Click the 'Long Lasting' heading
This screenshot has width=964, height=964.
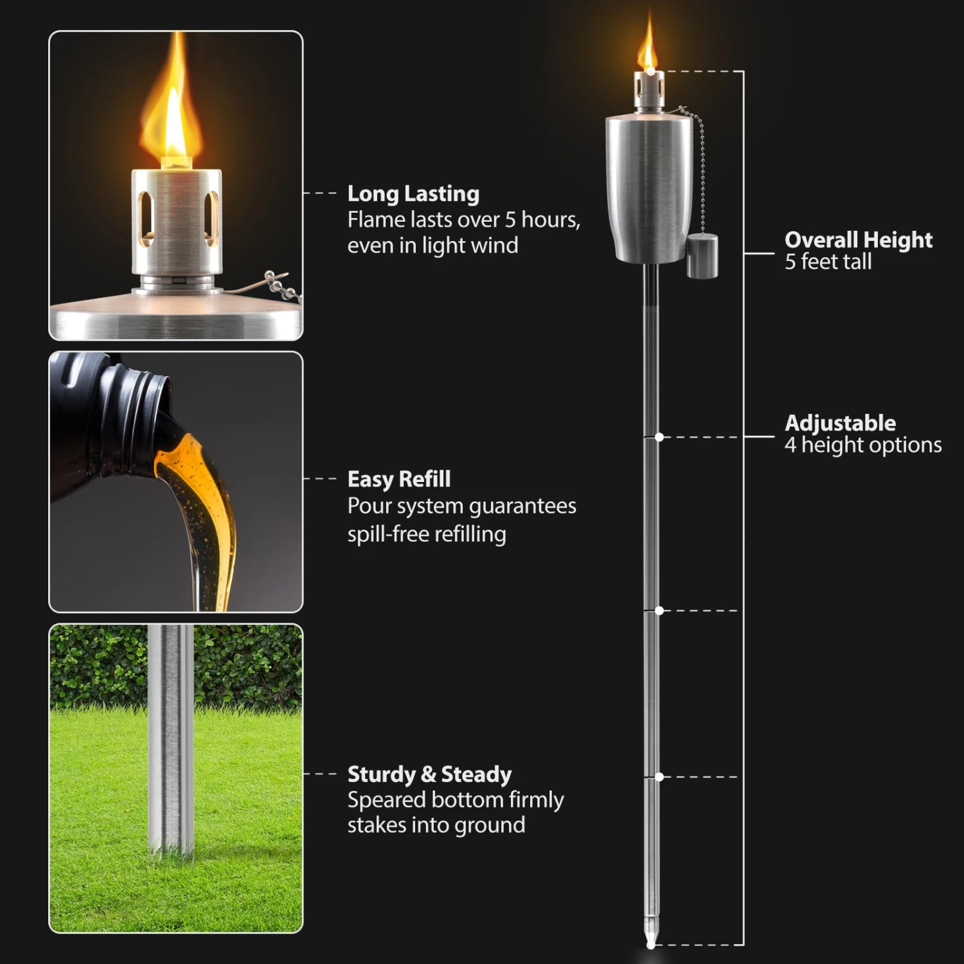(413, 194)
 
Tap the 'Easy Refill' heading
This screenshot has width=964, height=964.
(398, 479)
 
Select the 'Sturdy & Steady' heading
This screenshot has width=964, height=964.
(429, 774)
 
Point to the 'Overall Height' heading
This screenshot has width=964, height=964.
(858, 240)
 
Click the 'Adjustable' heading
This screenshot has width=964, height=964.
(840, 423)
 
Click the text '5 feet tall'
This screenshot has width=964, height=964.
(828, 262)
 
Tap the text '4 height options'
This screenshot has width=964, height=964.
(862, 445)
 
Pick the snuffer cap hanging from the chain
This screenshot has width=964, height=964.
(702, 256)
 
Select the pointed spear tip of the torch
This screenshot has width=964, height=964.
(651, 935)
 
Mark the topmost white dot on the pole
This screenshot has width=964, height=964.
(659, 437)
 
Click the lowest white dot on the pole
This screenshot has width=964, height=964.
(659, 777)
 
